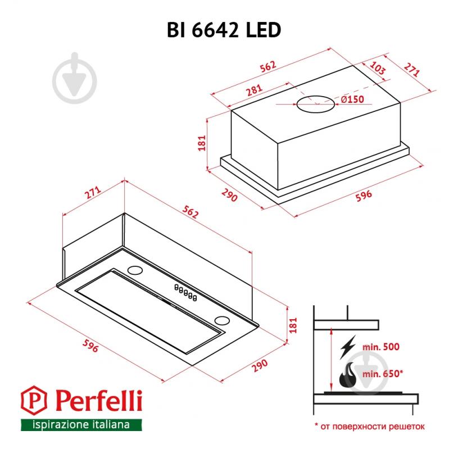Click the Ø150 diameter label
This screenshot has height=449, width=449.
pyautogui.click(x=352, y=99)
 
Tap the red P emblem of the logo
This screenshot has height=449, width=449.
pyautogui.click(x=31, y=401)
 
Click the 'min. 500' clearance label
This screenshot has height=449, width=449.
pyautogui.click(x=380, y=347)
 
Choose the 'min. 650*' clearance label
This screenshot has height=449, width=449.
pyautogui.click(x=383, y=372)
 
